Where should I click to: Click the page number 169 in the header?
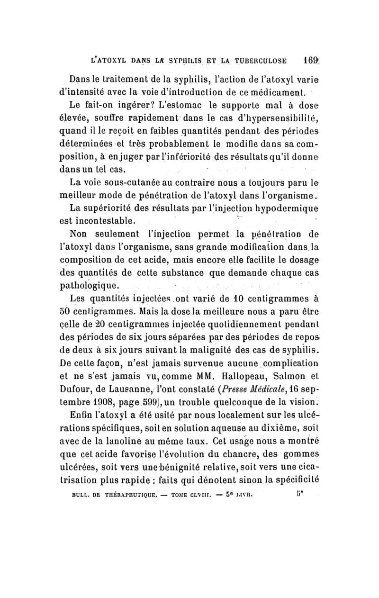pyautogui.click(x=314, y=60)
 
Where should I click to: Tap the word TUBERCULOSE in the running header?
pyautogui.click(x=261, y=61)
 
